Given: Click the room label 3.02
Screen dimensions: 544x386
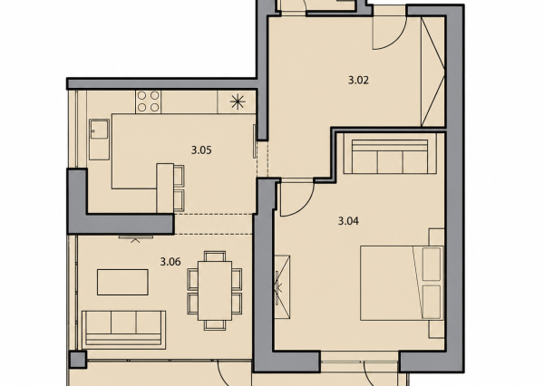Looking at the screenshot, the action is tap(358, 81).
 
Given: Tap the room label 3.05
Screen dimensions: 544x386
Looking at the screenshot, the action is tap(201, 150).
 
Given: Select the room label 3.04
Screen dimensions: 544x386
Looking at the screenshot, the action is tap(348, 221).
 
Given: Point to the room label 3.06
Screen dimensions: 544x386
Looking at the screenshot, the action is tap(170, 262).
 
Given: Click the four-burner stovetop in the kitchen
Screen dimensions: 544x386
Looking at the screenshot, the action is tap(148, 101).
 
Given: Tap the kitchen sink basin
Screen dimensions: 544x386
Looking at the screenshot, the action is tap(99, 140).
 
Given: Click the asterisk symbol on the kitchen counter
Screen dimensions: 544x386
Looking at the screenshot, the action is tap(238, 101).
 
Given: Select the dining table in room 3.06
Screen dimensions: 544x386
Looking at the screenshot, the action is tap(215, 291).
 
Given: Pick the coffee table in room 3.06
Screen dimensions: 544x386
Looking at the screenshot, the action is tap(122, 282).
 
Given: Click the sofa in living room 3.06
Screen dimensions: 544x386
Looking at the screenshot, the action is tap(123, 330).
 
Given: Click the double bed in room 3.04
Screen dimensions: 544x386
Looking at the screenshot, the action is tap(402, 283).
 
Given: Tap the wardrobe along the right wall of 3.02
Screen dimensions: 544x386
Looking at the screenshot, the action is tap(432, 72).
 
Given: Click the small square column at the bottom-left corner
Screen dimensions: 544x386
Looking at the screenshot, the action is tap(78, 360).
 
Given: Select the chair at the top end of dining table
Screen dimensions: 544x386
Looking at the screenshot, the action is tap(215, 256).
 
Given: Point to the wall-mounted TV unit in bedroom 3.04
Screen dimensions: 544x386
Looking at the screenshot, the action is tap(282, 287).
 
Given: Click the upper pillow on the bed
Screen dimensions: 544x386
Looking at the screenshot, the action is tap(432, 265).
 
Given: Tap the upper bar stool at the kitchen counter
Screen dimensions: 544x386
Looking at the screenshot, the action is tap(179, 175).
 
